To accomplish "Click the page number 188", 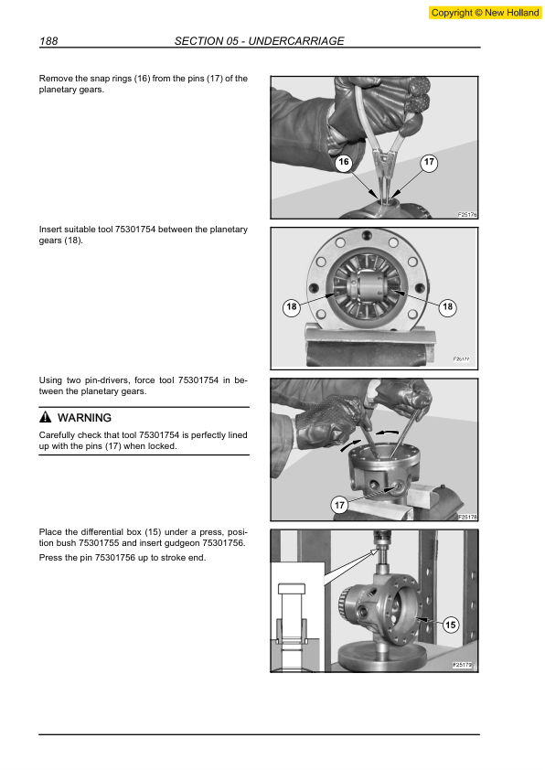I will tap(49, 41).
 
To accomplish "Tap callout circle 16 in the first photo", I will tap(343, 163).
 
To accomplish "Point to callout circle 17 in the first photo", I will tap(430, 163).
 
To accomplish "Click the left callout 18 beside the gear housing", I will tap(292, 307).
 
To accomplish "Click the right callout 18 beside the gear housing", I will tap(447, 307).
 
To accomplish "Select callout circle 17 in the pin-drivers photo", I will tap(339, 505).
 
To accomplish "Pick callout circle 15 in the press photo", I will tap(451, 626).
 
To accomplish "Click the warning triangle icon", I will tap(45, 418).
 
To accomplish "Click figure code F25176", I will tap(467, 214).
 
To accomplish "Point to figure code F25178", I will tap(467, 517).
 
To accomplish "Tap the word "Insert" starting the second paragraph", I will tap(51, 229).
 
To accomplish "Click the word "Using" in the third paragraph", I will tap(51, 380).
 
